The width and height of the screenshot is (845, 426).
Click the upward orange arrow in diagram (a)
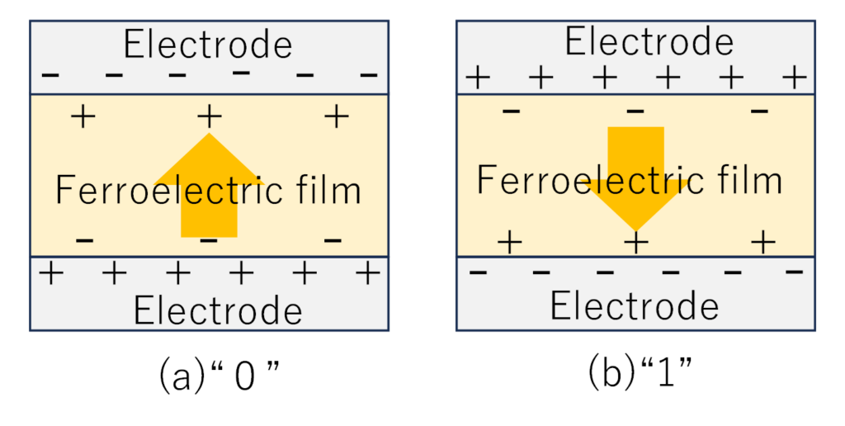coord(209,186)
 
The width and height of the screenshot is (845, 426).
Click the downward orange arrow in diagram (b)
coord(636,179)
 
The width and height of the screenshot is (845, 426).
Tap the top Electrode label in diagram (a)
coord(208,45)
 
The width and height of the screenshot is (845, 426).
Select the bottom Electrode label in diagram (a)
coord(218,310)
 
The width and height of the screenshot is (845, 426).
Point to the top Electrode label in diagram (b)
coord(649,41)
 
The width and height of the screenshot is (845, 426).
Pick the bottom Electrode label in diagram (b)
coord(635,305)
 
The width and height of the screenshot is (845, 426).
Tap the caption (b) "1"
coord(640,373)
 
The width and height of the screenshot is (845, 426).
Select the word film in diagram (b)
coord(749,180)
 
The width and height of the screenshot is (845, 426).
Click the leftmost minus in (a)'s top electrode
coord(50,75)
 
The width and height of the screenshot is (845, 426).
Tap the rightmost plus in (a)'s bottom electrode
coord(368,273)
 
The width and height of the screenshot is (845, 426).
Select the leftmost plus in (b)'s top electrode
coord(478,78)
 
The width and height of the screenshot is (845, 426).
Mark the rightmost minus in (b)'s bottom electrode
coord(795,271)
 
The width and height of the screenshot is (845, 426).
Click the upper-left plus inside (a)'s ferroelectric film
coord(83,116)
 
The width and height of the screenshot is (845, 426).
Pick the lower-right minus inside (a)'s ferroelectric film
coord(333,240)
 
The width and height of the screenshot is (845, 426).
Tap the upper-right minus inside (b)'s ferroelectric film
coord(759,111)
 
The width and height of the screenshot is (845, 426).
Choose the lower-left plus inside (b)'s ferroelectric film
coord(509,242)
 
